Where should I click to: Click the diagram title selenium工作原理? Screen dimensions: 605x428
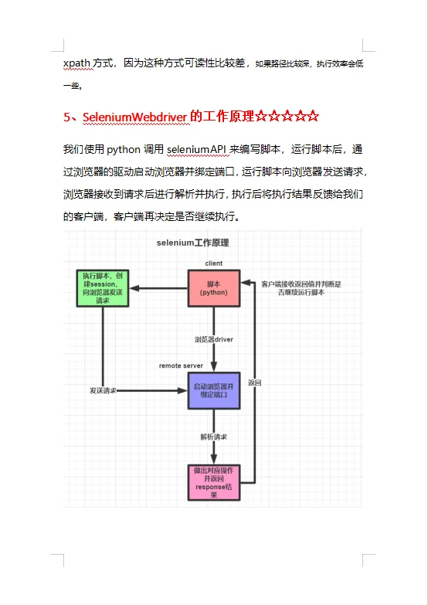(x=192, y=243)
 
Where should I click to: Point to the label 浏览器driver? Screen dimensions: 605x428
(x=214, y=339)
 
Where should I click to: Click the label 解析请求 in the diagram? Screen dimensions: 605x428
(x=214, y=437)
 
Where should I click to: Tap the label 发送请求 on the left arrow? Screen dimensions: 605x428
(x=103, y=391)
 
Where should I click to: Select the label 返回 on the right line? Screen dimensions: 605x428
(x=255, y=382)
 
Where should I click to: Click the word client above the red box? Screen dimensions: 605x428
(x=214, y=263)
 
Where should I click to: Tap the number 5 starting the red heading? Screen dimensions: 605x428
(x=67, y=117)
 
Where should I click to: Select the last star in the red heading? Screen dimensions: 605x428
(x=312, y=117)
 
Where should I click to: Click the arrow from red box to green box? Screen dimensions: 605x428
(x=159, y=289)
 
